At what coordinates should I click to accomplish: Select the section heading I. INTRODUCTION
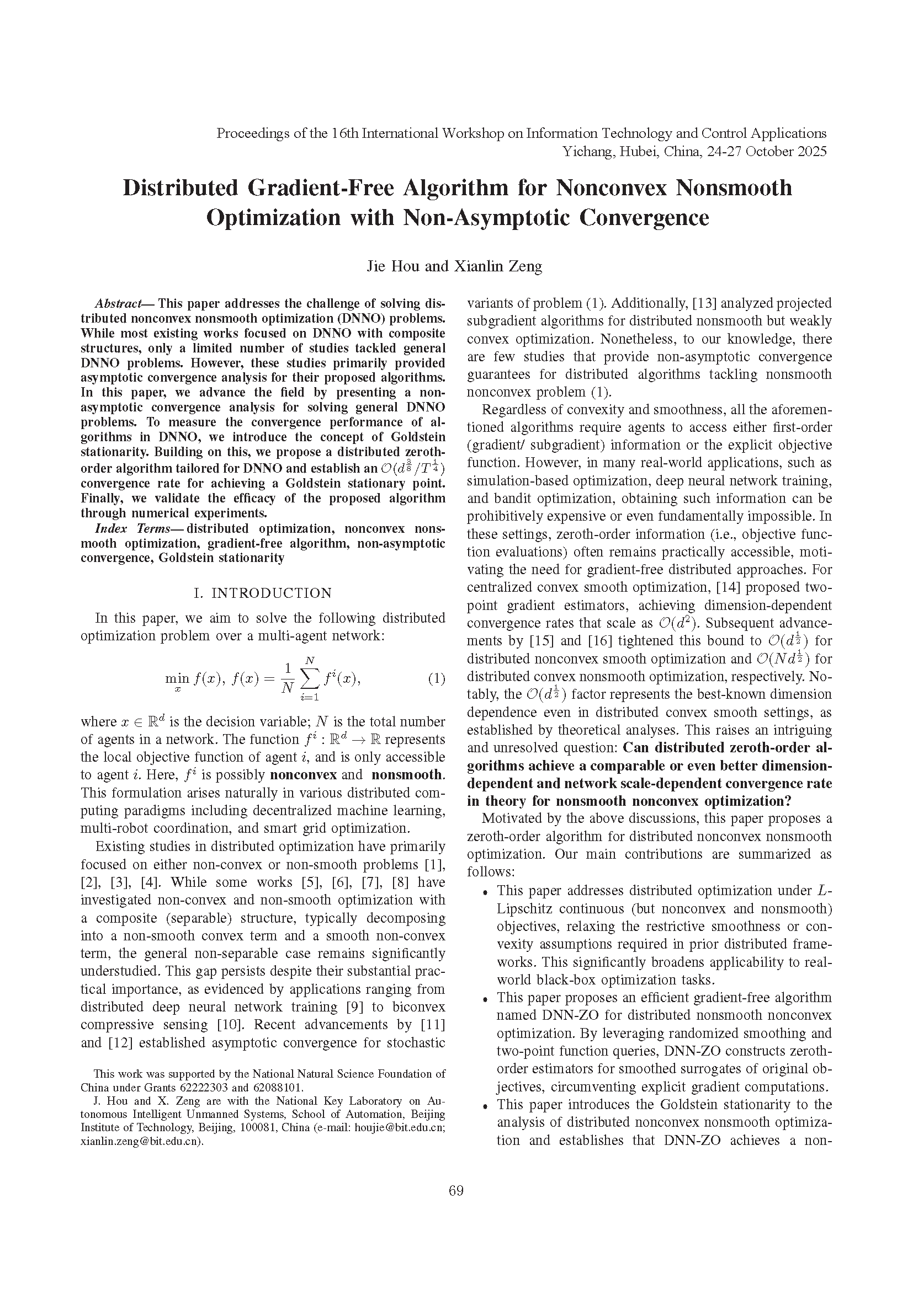[263, 593]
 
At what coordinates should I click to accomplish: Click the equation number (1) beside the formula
[436, 678]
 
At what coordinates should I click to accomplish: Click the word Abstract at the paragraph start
[119, 304]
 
